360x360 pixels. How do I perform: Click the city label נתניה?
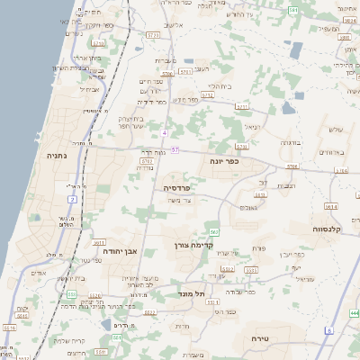click(56, 156)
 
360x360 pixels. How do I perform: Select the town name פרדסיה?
click(176, 187)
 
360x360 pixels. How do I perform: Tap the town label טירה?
click(274, 338)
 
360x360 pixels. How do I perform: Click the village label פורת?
click(260, 247)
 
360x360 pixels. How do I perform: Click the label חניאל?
click(251, 127)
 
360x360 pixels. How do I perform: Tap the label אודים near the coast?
click(38, 273)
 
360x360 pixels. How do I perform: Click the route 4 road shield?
click(166, 132)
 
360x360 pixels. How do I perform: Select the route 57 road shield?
click(175, 149)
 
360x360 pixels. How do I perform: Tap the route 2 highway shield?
click(71, 198)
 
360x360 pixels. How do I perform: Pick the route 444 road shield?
click(354, 312)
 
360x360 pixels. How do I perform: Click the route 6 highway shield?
click(329, 331)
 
